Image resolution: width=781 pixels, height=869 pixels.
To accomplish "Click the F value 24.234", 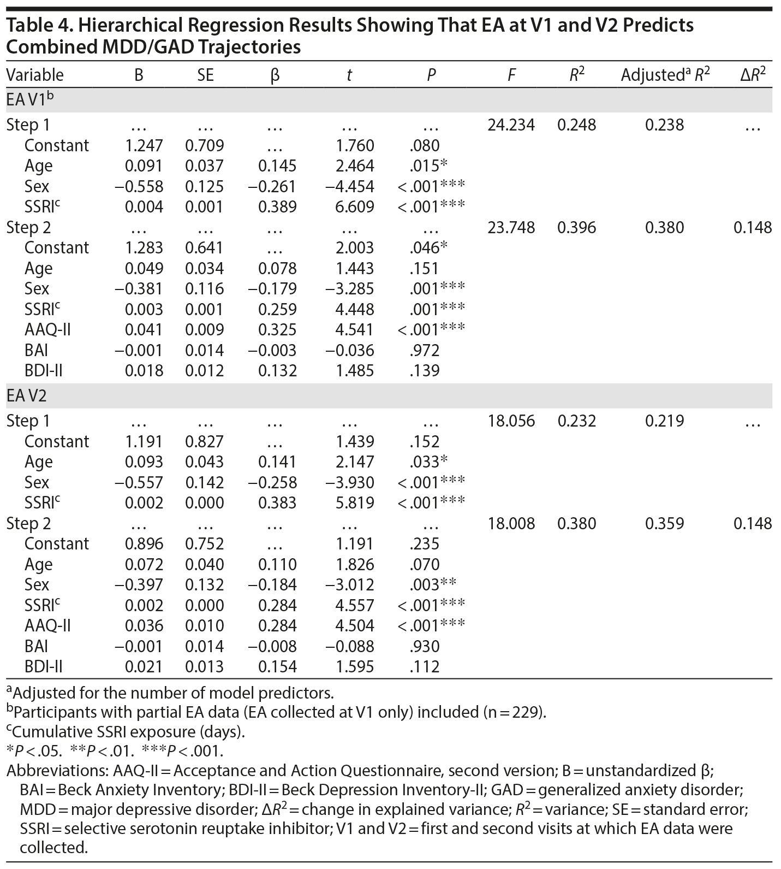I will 511,125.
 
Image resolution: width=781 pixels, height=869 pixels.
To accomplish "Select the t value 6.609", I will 355,206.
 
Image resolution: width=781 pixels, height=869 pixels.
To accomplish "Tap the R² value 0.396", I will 577,227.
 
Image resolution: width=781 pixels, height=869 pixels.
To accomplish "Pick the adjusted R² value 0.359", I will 664,523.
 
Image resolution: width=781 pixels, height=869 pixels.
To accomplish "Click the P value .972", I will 424,350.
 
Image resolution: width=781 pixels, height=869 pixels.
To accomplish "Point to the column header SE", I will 205,75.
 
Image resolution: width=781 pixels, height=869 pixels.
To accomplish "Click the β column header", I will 275,75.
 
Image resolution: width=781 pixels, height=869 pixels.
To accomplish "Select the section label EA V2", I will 27,396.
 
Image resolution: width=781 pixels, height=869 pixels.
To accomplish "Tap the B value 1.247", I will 144,145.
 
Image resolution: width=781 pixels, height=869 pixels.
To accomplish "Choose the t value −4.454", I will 349,186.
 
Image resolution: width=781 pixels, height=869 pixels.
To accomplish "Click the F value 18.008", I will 511,523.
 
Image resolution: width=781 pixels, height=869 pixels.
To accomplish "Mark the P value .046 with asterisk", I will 428,247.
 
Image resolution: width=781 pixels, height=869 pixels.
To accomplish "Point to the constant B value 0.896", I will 144,543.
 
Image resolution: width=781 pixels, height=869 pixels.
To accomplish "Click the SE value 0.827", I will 204,441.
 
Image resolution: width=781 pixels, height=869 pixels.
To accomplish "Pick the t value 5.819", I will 355,503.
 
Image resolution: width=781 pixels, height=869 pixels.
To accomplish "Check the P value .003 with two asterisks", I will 432,584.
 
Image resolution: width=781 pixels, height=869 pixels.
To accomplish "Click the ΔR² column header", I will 753,75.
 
